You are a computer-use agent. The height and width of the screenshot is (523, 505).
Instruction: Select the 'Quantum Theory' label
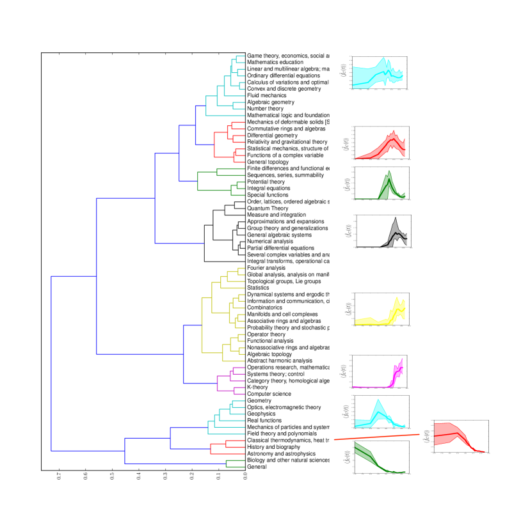(268, 208)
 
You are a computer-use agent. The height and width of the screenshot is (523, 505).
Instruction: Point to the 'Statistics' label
(258, 288)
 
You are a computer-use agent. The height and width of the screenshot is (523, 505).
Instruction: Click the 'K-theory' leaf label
(257, 387)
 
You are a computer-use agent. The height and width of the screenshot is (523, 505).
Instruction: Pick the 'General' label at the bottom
(257, 467)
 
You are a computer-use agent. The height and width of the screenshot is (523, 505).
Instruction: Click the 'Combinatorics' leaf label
(266, 308)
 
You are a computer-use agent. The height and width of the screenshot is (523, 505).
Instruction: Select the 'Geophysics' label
(261, 414)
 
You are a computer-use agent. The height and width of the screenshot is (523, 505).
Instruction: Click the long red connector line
(381, 436)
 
